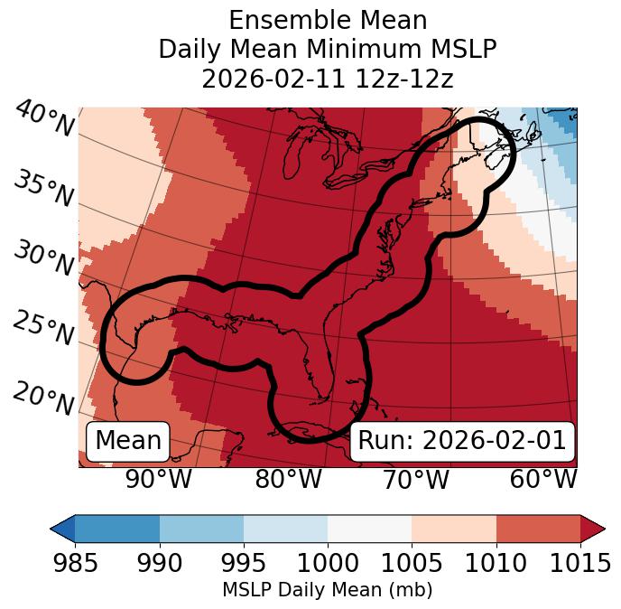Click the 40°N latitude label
pyautogui.click(x=44, y=119)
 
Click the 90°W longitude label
pyautogui.click(x=159, y=480)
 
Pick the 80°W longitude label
pyautogui.click(x=288, y=480)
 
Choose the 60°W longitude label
pyautogui.click(x=543, y=480)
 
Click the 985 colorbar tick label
pyautogui.click(x=75, y=563)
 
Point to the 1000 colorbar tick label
pyautogui.click(x=328, y=563)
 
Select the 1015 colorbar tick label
pyautogui.click(x=579, y=563)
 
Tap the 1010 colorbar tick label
pyautogui.click(x=496, y=563)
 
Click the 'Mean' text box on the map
pyautogui.click(x=128, y=441)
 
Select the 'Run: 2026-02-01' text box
pyautogui.click(x=461, y=441)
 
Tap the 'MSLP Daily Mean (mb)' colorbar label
pyautogui.click(x=328, y=591)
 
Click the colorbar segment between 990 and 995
pyautogui.click(x=201, y=529)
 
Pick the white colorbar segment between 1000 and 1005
pyautogui.click(x=369, y=529)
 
